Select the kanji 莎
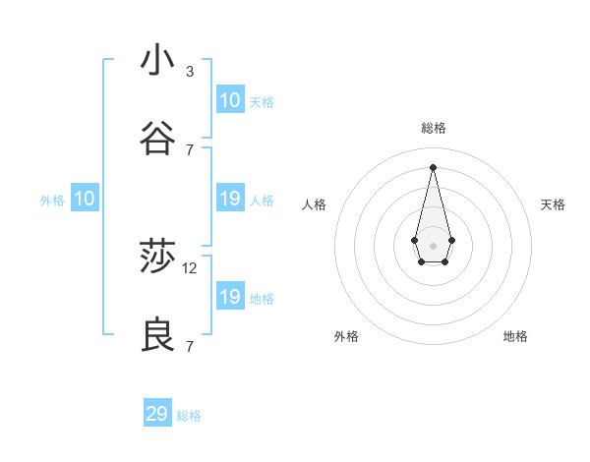[157, 257]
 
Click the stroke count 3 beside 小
[190, 71]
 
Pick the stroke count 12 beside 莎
[191, 267]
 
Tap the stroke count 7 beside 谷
[190, 149]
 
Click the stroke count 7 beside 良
[190, 346]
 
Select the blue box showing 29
[157, 414]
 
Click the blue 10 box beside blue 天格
[230, 100]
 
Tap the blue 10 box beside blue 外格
[85, 199]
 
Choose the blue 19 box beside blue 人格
[230, 199]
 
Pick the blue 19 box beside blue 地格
[230, 297]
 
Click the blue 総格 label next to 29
[189, 416]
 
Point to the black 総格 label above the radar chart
[433, 128]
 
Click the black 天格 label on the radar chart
[553, 204]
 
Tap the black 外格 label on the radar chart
[346, 336]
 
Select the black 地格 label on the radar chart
[515, 336]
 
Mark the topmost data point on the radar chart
[433, 166]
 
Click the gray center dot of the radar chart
[433, 244]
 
